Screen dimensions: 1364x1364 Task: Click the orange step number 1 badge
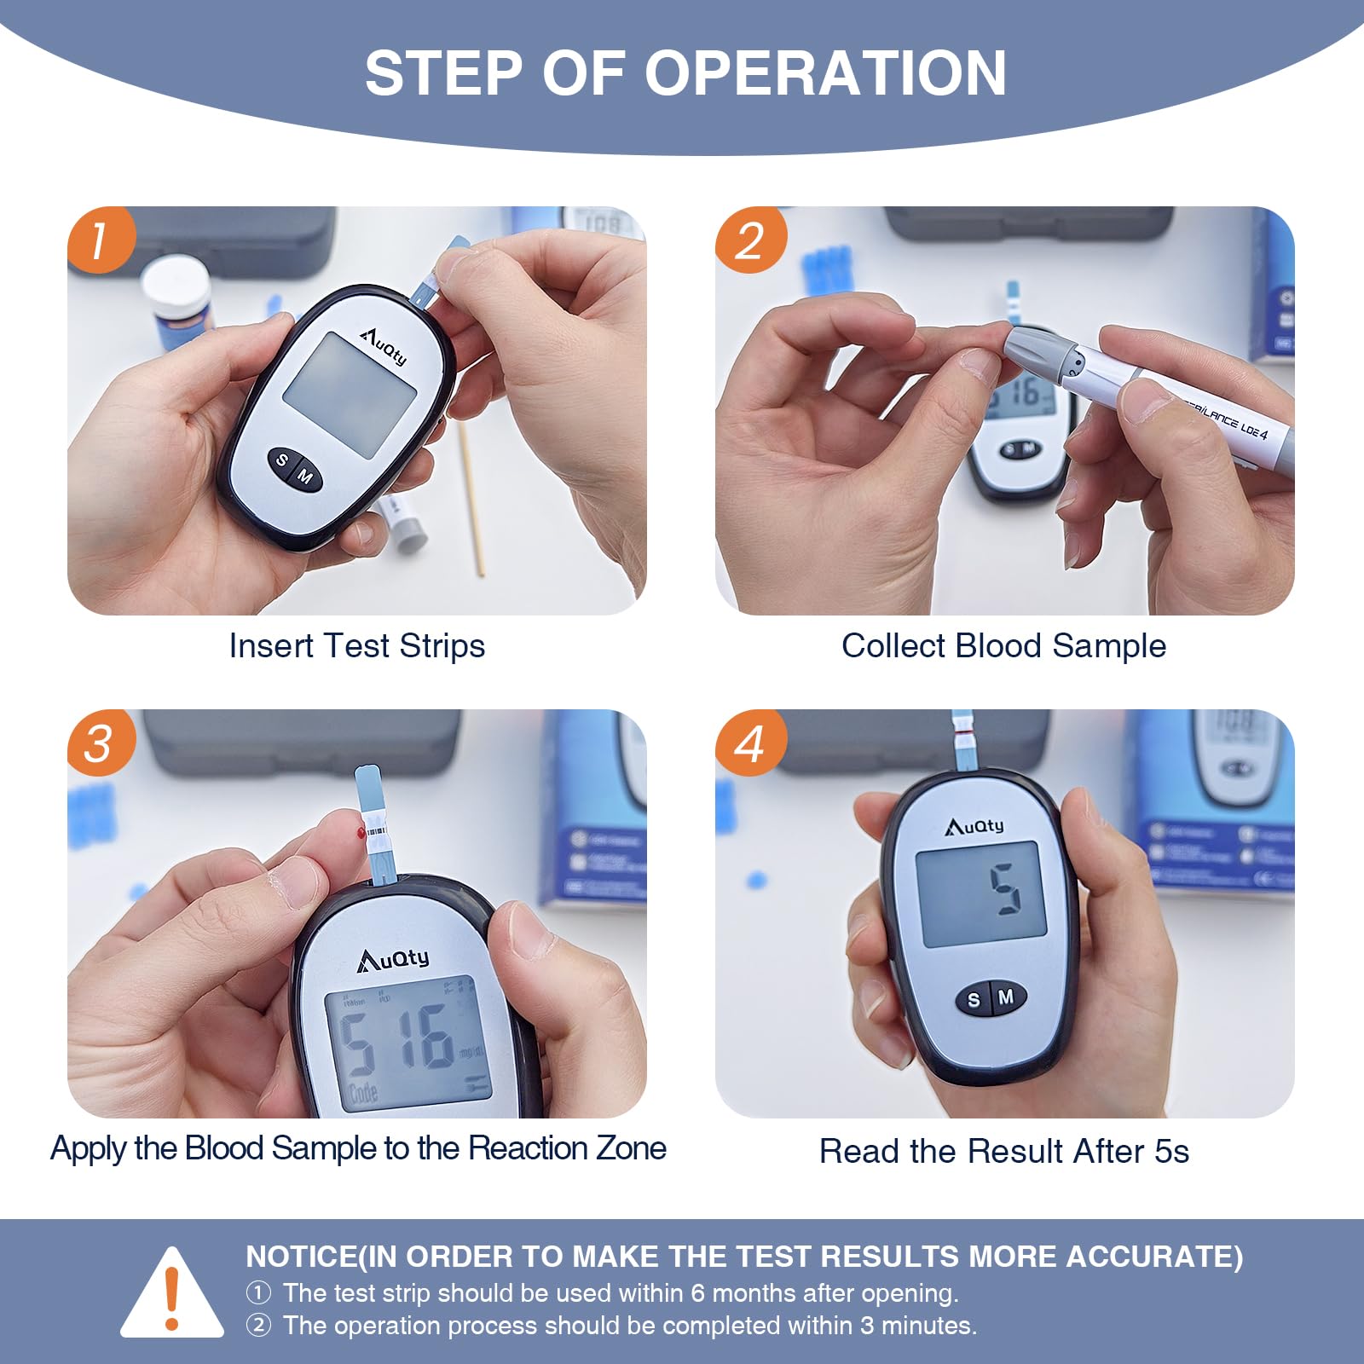pyautogui.click(x=101, y=240)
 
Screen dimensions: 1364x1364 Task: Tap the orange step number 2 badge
pyautogui.click(x=749, y=240)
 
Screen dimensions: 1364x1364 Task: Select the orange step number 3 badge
pyautogui.click(x=101, y=743)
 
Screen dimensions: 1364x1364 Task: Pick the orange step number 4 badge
pyautogui.click(x=749, y=743)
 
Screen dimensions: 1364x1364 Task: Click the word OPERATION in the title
pyautogui.click(x=824, y=73)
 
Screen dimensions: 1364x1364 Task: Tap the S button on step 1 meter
pyautogui.click(x=282, y=461)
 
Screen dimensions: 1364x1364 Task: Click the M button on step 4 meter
pyautogui.click(x=1006, y=997)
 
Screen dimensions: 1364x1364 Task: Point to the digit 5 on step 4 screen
pyautogui.click(x=1006, y=889)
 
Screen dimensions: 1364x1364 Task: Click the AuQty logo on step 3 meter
pyautogui.click(x=393, y=960)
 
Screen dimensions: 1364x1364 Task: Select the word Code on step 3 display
pyautogui.click(x=361, y=1093)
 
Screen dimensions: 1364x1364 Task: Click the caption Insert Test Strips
pyautogui.click(x=356, y=646)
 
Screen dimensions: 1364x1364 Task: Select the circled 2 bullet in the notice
pyautogui.click(x=258, y=1326)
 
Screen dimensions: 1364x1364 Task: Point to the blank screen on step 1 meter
pyautogui.click(x=350, y=395)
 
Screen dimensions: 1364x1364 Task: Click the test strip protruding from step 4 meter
pyautogui.click(x=963, y=742)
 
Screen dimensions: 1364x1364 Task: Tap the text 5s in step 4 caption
pyautogui.click(x=1171, y=1152)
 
